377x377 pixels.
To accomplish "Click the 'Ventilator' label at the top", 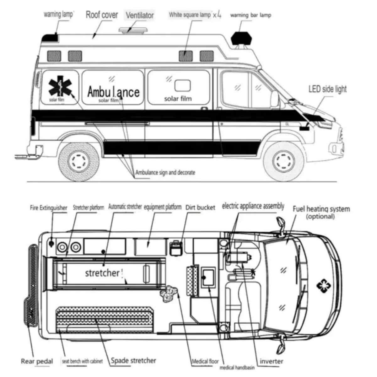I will (x=140, y=15).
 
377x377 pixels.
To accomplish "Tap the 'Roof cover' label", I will (x=102, y=15).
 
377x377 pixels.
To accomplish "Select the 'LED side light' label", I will (x=327, y=89).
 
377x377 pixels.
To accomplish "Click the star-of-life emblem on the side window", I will (x=60, y=87).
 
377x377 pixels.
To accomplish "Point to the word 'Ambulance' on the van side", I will (x=113, y=91).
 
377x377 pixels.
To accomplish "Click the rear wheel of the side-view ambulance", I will (x=79, y=162).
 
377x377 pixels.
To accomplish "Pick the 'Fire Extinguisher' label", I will (x=49, y=208).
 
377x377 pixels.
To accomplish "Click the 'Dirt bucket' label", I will (x=200, y=207).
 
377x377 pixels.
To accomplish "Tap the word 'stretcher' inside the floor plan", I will (x=102, y=273).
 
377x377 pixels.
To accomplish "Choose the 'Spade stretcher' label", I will (x=133, y=361).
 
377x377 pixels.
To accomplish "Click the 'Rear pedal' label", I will (x=37, y=361).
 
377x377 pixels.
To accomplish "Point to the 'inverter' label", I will (x=271, y=361).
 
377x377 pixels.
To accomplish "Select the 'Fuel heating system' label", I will (x=321, y=209).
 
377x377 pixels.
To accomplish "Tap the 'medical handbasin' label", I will (x=237, y=367).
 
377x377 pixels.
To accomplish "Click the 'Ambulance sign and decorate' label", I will (x=165, y=173).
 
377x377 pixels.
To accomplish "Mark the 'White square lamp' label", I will (x=190, y=15).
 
